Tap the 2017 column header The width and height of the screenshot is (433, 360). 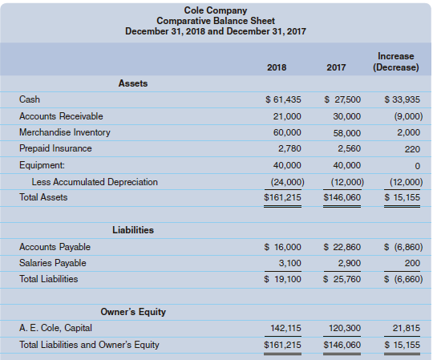[337, 67]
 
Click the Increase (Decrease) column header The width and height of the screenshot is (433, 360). [395, 62]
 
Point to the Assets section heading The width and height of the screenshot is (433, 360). [132, 83]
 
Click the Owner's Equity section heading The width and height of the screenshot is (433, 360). [132, 311]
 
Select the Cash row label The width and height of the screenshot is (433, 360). [29, 99]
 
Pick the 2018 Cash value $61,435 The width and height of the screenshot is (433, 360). [283, 99]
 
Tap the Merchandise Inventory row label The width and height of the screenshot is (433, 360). [65, 131]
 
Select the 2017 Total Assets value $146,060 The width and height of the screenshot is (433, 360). [342, 197]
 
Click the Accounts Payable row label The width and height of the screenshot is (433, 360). [55, 247]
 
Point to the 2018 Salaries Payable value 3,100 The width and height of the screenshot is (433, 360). [289, 263]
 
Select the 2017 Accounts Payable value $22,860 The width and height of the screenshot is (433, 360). [342, 247]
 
